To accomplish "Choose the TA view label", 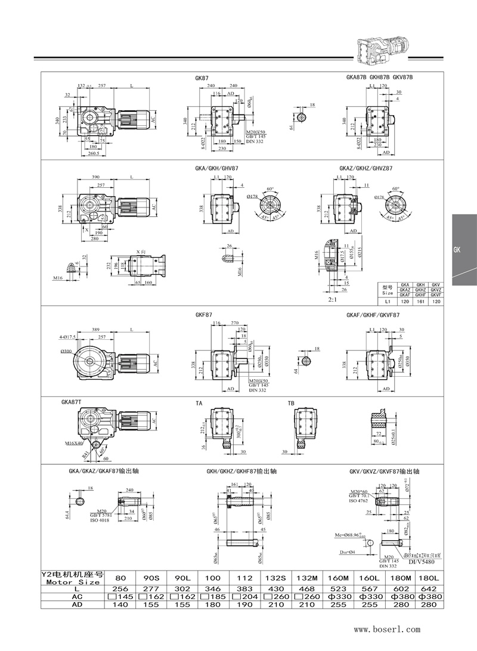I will point(199,404).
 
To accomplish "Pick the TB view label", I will point(291,404).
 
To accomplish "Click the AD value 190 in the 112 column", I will point(245,604).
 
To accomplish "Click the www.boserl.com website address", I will point(388,629).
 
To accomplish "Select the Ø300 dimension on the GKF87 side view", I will point(67,352).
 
